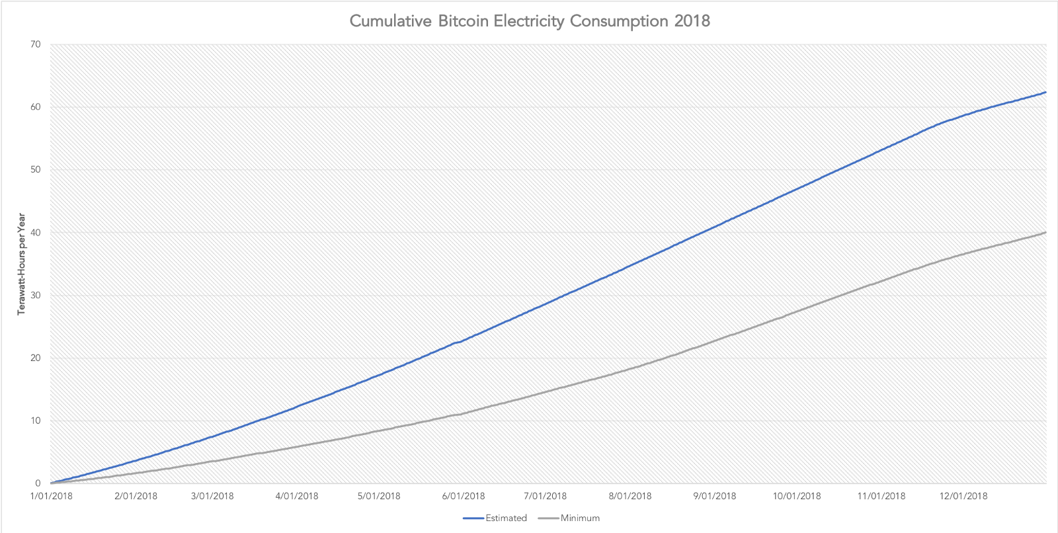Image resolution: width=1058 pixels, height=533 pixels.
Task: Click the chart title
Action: pyautogui.click(x=529, y=21)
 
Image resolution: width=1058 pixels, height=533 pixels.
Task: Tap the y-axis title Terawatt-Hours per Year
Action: pyautogui.click(x=21, y=264)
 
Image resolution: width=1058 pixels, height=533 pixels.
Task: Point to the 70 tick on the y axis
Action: pyautogui.click(x=35, y=44)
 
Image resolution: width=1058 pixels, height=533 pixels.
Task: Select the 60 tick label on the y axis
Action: pyautogui.click(x=35, y=107)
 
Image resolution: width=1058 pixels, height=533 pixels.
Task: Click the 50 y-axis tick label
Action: pyautogui.click(x=35, y=170)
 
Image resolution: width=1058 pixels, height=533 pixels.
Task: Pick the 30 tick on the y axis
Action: pyautogui.click(x=35, y=296)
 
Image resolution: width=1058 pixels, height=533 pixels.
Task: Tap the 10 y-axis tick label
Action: pyautogui.click(x=35, y=421)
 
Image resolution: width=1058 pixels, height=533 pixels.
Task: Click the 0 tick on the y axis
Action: pyautogui.click(x=38, y=483)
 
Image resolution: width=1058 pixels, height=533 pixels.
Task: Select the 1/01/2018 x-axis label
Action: pyautogui.click(x=51, y=496)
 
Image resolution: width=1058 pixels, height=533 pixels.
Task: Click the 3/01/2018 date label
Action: pyautogui.click(x=212, y=496)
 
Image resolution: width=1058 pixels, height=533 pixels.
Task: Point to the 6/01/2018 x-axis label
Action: pyautogui.click(x=464, y=496)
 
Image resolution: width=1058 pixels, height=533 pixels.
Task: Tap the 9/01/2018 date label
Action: pyautogui.click(x=715, y=496)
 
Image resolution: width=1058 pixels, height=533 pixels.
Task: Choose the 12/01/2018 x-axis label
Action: pyautogui.click(x=963, y=496)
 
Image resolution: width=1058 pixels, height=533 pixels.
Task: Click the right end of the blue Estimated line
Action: pyautogui.click(x=1045, y=92)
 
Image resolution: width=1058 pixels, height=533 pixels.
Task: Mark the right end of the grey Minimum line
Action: pyautogui.click(x=1045, y=232)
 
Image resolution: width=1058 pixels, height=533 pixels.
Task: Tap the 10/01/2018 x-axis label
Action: pyautogui.click(x=797, y=496)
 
